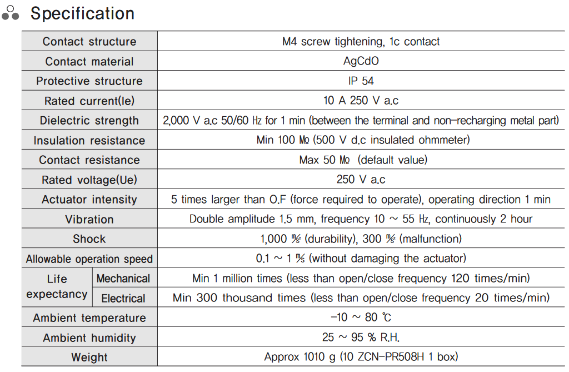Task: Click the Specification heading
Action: click(82, 13)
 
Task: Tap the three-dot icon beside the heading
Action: click(11, 13)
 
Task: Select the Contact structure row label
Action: click(89, 42)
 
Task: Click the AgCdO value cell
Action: click(361, 61)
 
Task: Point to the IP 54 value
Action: click(361, 81)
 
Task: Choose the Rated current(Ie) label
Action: click(89, 101)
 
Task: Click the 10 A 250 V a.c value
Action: click(361, 101)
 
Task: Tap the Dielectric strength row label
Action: click(89, 121)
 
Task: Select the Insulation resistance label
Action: click(89, 141)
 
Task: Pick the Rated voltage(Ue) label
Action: click(89, 180)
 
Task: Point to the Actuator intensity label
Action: click(89, 200)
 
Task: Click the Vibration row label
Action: click(89, 220)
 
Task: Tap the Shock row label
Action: click(89, 239)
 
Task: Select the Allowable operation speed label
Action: click(89, 259)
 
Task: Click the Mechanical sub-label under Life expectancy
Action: click(123, 279)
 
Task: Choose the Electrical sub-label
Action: click(123, 299)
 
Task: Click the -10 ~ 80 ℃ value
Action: click(361, 318)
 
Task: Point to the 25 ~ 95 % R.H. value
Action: click(361, 338)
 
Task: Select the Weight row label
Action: click(89, 358)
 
